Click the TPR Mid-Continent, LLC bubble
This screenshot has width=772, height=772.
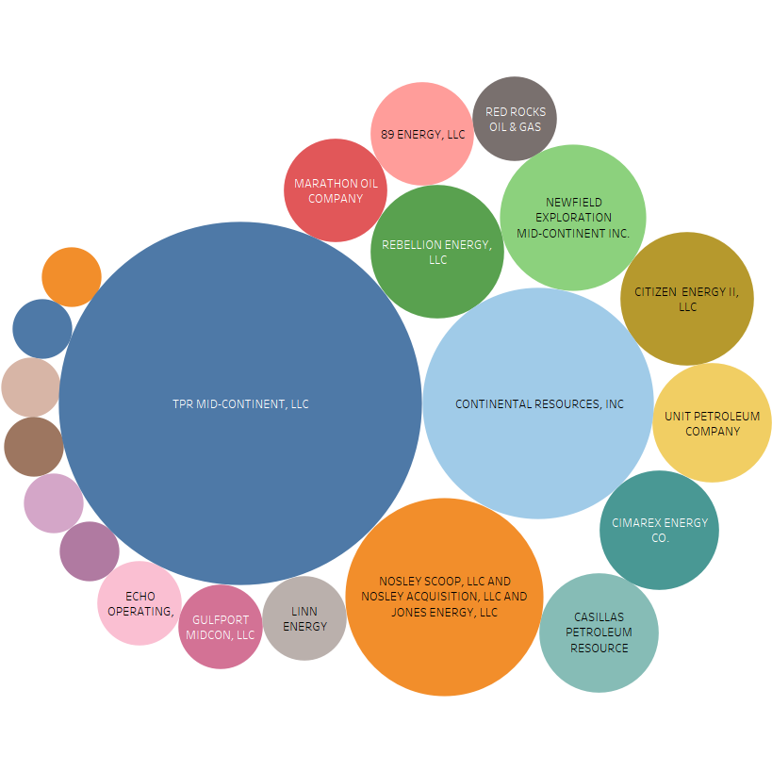click(x=240, y=403)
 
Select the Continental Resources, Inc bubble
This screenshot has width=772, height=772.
click(x=538, y=403)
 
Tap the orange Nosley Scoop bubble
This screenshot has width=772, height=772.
click(x=444, y=597)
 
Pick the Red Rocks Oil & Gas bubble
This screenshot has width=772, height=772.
click(x=515, y=119)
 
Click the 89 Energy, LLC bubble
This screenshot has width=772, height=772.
click(x=422, y=134)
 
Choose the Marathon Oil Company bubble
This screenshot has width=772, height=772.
click(x=336, y=190)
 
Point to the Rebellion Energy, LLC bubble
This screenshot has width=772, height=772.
click(x=437, y=251)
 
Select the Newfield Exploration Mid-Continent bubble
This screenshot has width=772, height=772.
click(x=572, y=217)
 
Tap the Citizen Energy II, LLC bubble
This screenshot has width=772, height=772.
click(x=687, y=299)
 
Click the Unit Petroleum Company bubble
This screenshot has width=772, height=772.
click(x=712, y=422)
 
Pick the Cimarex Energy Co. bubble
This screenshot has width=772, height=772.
click(x=659, y=530)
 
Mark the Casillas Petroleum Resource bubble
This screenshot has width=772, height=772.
click(x=599, y=632)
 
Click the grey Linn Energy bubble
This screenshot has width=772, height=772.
click(x=304, y=618)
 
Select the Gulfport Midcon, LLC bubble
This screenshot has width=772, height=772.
click(x=220, y=627)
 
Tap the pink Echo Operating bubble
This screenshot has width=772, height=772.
click(x=140, y=603)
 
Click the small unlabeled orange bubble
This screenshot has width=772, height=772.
click(x=72, y=277)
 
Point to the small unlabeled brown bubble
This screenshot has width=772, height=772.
click(x=34, y=447)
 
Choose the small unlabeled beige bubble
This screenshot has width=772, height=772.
click(x=30, y=387)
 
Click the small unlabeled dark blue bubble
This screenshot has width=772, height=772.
click(x=41, y=328)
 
